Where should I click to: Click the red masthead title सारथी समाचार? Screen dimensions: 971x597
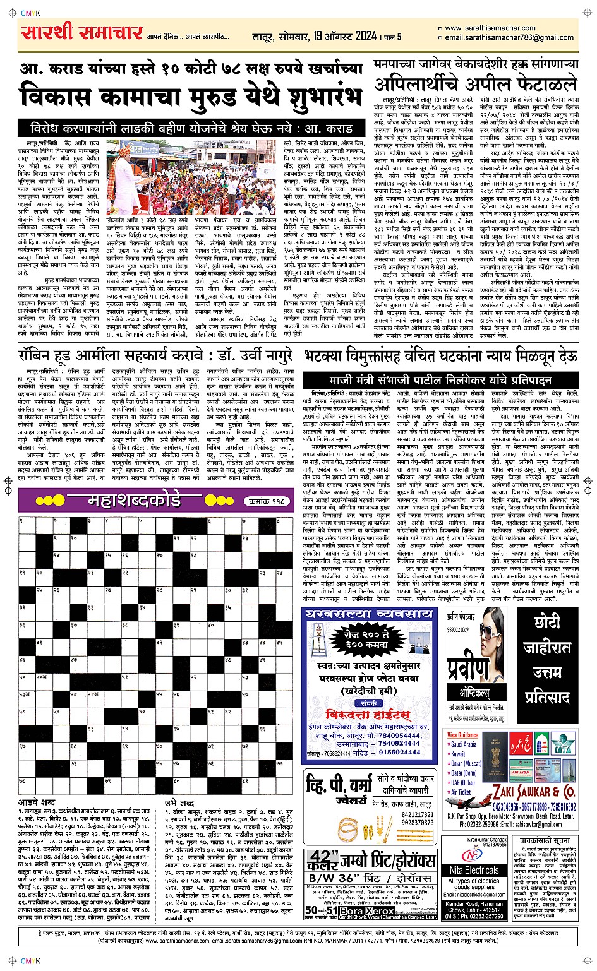81,33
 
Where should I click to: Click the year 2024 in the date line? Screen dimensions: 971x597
365,37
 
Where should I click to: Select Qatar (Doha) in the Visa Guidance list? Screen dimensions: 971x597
462,773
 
